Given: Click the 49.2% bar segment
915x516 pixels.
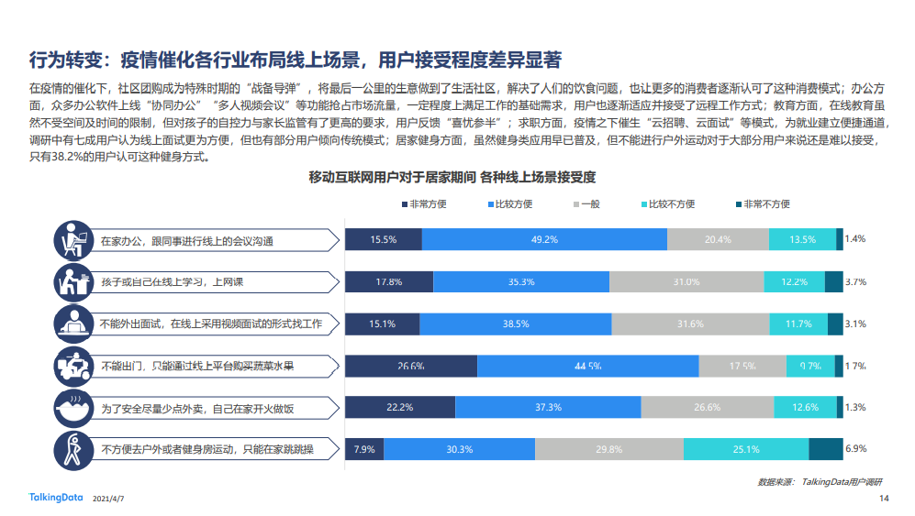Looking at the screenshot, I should [x=544, y=240].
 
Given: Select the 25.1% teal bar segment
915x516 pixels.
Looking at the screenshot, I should [x=746, y=449].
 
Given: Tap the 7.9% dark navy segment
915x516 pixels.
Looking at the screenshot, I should [x=364, y=449].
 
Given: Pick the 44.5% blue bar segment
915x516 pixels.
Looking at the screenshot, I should [x=586, y=366].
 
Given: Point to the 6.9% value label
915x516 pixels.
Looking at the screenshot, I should [x=855, y=449].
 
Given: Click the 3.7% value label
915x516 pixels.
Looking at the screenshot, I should [x=855, y=282].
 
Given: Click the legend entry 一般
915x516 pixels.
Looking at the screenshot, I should [x=586, y=204].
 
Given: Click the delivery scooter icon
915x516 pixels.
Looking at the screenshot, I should [x=72, y=366].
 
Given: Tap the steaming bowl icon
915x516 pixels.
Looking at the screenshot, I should [x=72, y=407].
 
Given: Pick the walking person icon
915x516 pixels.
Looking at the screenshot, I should [x=72, y=449].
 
